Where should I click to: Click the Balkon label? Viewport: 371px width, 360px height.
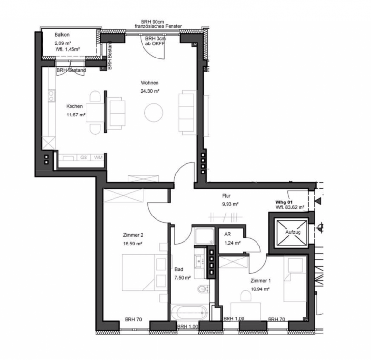tap(62, 35)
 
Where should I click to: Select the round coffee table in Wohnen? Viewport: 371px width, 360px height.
tap(154, 113)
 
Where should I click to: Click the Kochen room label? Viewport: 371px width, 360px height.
tap(74, 106)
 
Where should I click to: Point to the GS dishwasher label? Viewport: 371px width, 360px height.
tap(84, 158)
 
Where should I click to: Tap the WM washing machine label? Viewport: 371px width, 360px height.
tap(98, 158)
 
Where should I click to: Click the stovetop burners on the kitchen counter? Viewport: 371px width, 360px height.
tap(51, 96)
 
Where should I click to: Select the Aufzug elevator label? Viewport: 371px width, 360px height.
tap(293, 232)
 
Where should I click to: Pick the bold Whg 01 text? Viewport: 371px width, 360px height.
tap(284, 202)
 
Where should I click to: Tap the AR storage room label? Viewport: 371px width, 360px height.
tap(228, 234)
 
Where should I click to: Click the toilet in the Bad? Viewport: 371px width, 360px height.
tap(203, 289)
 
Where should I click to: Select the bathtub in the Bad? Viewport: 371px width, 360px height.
tap(189, 313)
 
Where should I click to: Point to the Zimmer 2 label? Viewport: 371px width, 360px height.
tap(133, 235)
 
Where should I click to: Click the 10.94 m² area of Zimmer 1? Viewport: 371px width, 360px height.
tap(260, 289)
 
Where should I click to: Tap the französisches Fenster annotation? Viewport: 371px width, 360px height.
tap(158, 26)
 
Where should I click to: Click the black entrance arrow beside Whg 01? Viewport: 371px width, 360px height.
tap(318, 201)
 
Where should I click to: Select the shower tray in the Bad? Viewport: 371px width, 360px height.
tap(204, 236)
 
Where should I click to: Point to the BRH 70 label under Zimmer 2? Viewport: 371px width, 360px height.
tap(133, 320)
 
